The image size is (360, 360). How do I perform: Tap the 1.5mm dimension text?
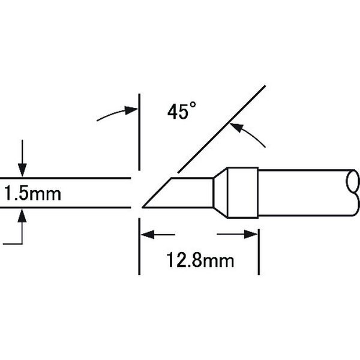[x=32, y=193]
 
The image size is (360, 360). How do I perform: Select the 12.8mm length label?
[x=200, y=260]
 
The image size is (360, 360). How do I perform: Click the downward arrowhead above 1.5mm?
[x=22, y=170]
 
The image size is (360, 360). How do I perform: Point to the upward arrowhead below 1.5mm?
[x=22, y=215]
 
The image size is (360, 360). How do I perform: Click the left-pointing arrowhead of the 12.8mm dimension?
[x=147, y=235]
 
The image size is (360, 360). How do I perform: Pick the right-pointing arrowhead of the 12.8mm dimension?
[x=251, y=235]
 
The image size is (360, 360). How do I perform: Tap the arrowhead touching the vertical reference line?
[x=131, y=110]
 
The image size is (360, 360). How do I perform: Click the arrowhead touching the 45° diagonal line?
[x=236, y=128]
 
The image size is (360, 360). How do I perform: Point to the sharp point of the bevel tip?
[x=143, y=207]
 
